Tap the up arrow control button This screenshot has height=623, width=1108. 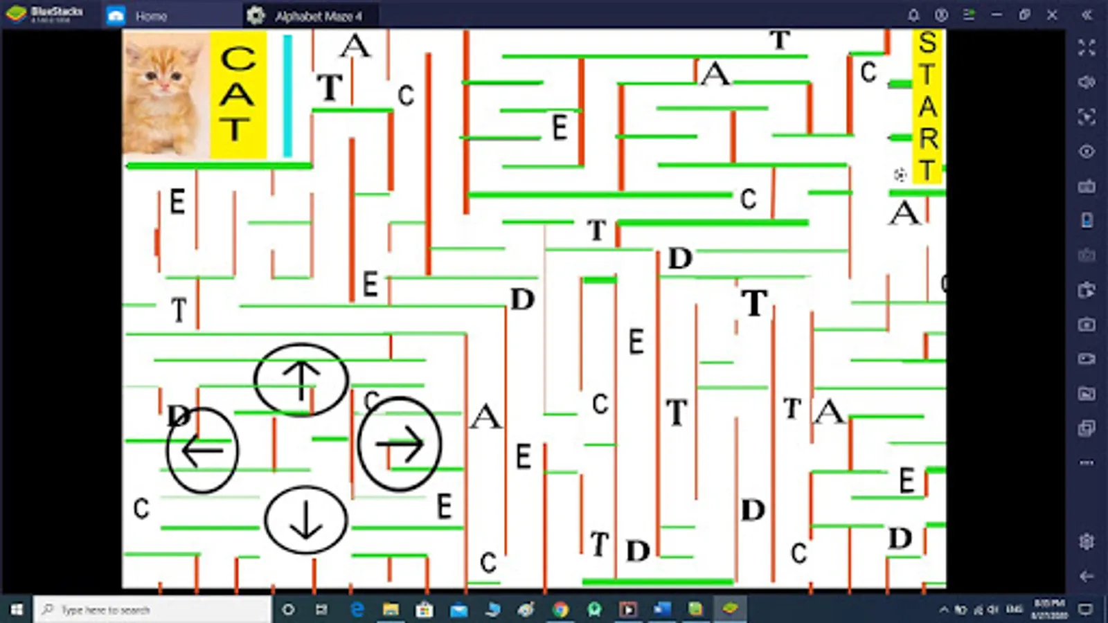(x=301, y=380)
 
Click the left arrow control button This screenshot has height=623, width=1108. (x=202, y=450)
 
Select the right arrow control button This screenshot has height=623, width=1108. (x=400, y=444)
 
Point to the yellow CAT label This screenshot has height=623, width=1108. (x=238, y=94)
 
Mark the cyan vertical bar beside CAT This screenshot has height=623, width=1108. (x=287, y=96)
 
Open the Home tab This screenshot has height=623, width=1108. (x=138, y=15)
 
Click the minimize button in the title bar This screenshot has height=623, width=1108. (x=997, y=15)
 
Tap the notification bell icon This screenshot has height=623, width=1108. (x=913, y=15)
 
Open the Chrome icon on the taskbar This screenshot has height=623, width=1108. (x=560, y=609)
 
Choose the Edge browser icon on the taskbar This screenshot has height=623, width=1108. (x=357, y=609)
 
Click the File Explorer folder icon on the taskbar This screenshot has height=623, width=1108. (x=391, y=609)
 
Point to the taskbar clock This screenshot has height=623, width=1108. (x=1048, y=609)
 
